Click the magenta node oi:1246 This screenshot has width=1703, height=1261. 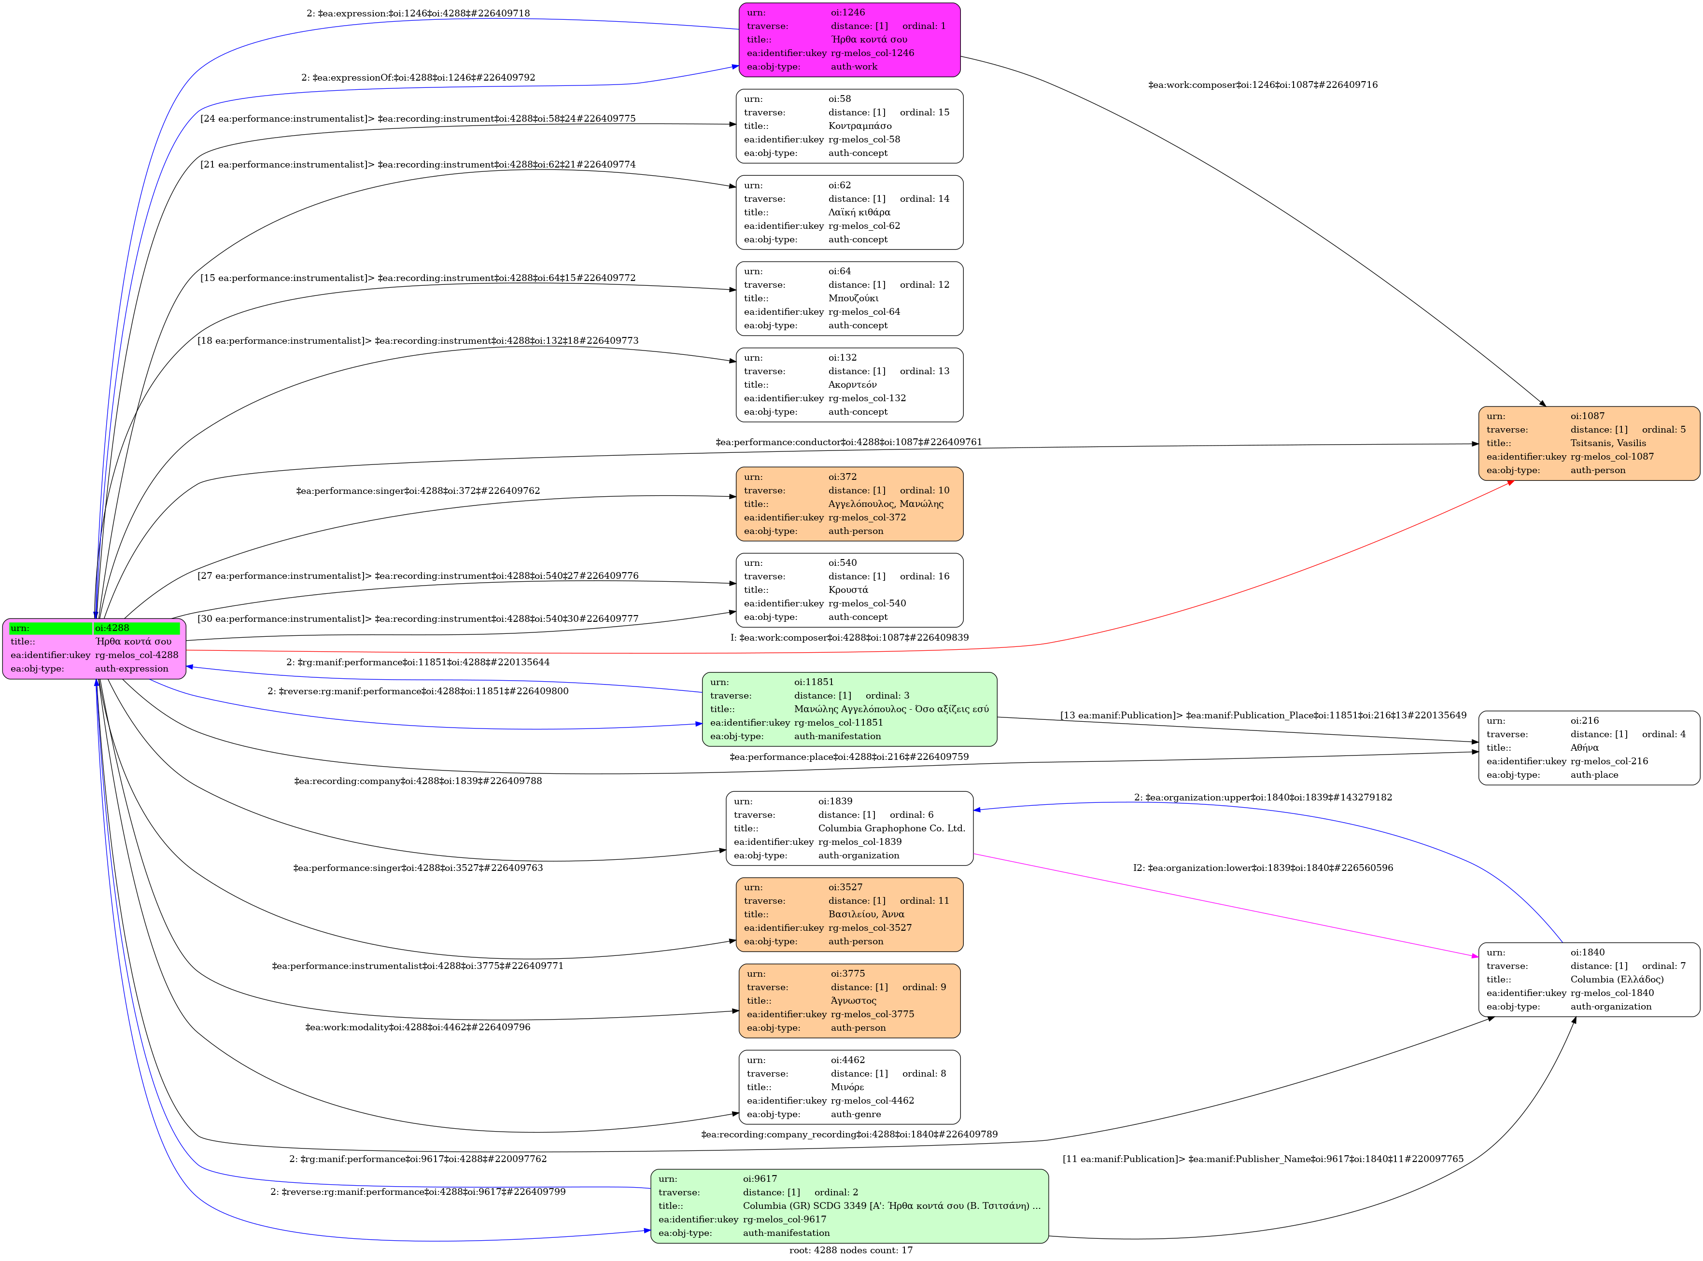[x=849, y=40]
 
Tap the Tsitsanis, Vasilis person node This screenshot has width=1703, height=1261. [x=1589, y=443]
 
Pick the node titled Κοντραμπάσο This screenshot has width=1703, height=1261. [x=849, y=126]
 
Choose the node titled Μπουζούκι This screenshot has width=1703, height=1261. [x=849, y=298]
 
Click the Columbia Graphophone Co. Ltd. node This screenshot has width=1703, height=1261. [x=849, y=828]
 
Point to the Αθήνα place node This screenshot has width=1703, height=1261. [x=1589, y=747]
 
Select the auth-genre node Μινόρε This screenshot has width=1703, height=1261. [x=849, y=1087]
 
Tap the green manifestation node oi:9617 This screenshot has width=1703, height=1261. [x=849, y=1206]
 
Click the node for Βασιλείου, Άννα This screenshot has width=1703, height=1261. [x=849, y=914]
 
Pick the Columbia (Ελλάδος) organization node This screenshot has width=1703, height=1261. [x=1589, y=980]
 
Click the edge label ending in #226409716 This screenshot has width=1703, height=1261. [x=1263, y=85]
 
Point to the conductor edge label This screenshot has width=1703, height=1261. [x=848, y=442]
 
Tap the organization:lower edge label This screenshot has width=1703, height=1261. [x=1263, y=868]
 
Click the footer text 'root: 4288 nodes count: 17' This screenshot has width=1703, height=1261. [x=850, y=1249]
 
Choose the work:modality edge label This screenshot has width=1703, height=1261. [x=418, y=1027]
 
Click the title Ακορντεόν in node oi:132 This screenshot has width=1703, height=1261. [x=852, y=385]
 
